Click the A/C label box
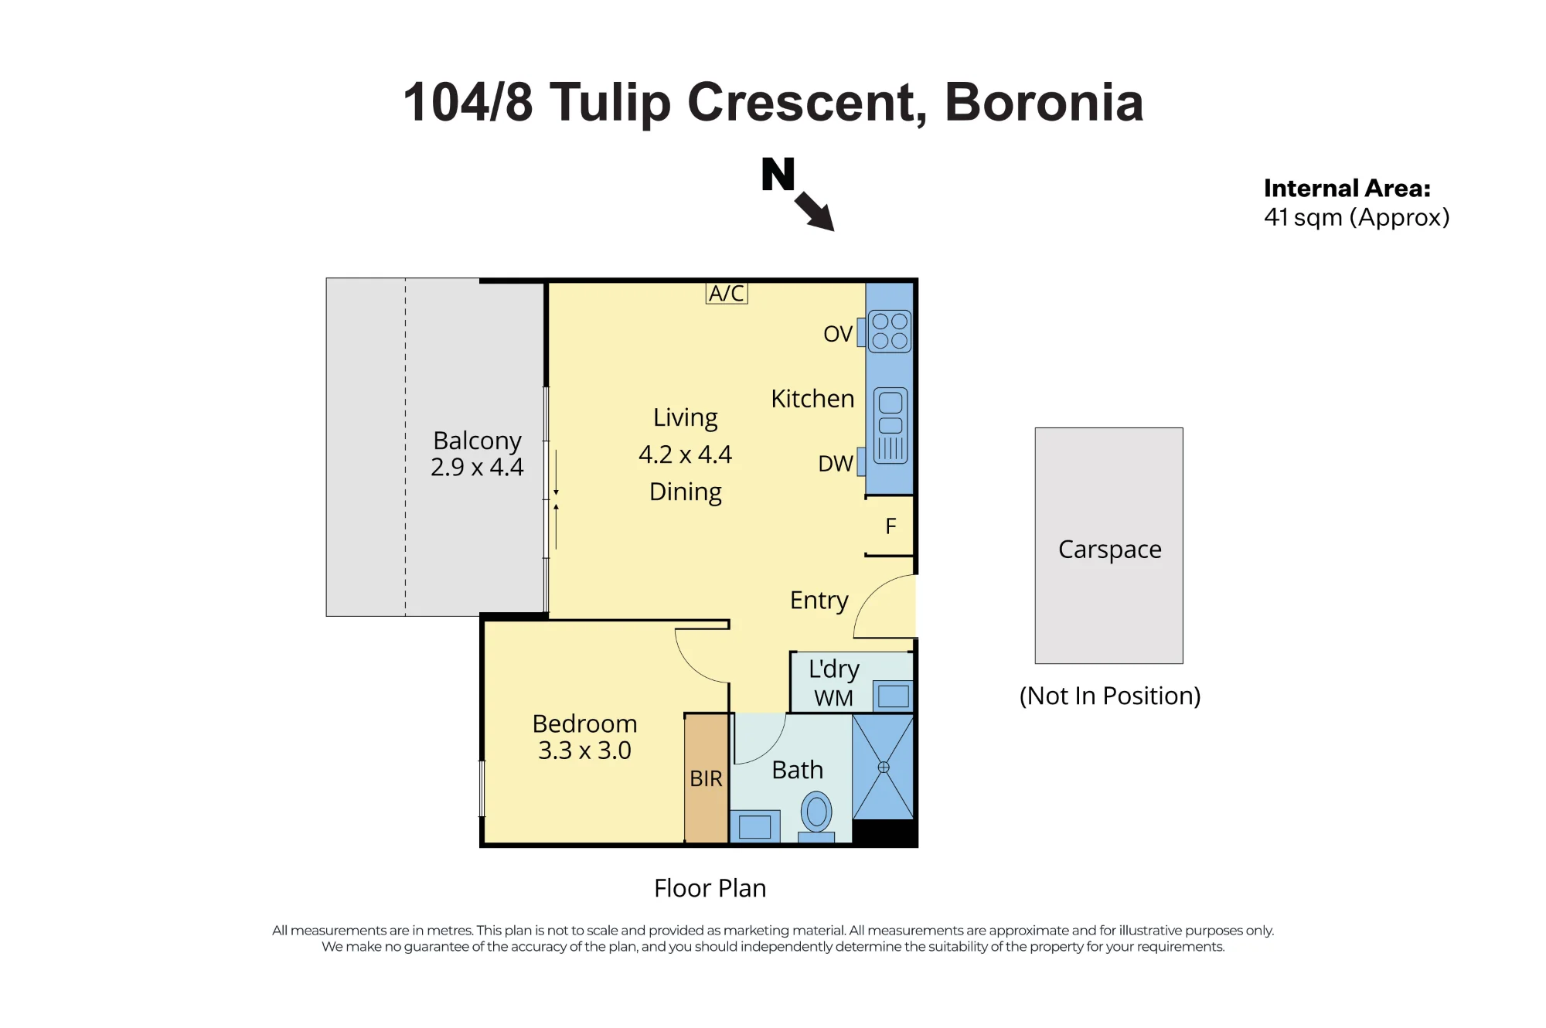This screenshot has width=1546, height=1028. tap(727, 293)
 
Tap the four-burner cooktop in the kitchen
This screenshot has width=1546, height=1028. tap(890, 331)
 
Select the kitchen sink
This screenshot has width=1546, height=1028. tap(890, 425)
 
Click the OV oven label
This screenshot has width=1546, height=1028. tap(838, 334)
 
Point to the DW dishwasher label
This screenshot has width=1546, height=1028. tap(836, 464)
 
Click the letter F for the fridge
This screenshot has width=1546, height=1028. tap(890, 526)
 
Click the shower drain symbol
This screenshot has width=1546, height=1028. tap(884, 768)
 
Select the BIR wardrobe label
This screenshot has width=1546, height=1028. tap(706, 778)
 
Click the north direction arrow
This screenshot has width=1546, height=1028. tap(815, 211)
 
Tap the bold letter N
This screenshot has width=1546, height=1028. tap(778, 174)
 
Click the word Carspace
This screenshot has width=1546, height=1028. tap(1109, 550)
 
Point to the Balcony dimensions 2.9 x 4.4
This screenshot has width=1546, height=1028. tap(477, 467)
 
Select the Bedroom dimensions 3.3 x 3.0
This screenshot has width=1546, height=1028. tap(584, 750)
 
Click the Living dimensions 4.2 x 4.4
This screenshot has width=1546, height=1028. tap(685, 454)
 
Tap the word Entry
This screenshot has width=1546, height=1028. tap(819, 601)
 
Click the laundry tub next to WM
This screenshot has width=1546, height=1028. tap(893, 696)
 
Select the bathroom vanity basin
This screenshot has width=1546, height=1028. tap(754, 826)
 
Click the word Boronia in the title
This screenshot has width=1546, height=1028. tap(1044, 102)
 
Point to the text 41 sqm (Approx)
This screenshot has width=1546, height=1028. tap(1357, 218)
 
